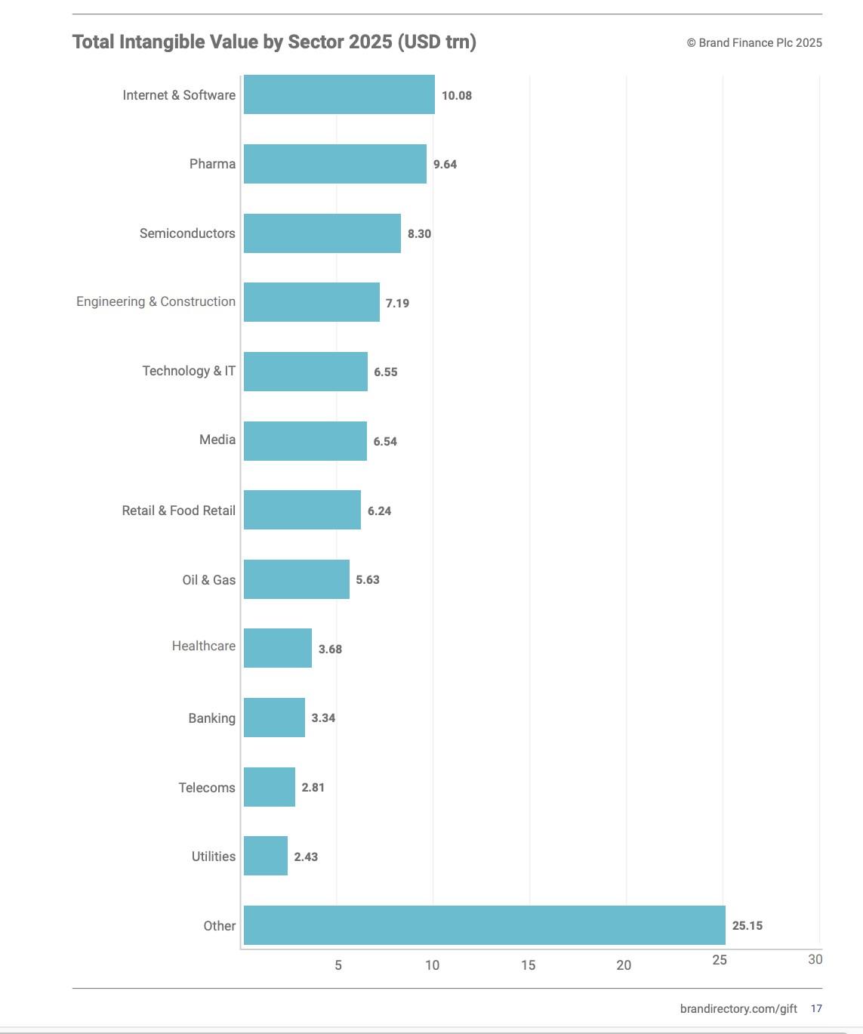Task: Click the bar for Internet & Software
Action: pos(339,94)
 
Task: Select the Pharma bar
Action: pos(334,164)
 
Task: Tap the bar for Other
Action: pos(484,925)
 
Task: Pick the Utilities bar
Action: pos(266,856)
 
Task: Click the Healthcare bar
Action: pos(277,648)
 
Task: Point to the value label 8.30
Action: pos(419,234)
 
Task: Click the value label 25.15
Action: pos(747,926)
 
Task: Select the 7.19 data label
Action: pos(397,304)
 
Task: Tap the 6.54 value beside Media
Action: pos(385,442)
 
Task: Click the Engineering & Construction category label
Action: pos(156,301)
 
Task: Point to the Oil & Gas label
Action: pos(208,580)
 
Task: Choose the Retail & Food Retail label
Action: pos(178,511)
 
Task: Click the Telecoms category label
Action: pos(207,788)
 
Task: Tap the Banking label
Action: pos(211,718)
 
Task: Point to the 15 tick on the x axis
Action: pos(528,965)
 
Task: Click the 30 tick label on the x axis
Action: pos(815,960)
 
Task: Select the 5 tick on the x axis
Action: pos(338,965)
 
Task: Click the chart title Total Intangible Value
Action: pos(274,42)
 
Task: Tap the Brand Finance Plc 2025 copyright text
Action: pos(754,43)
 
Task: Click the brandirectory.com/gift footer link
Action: pos(738,1009)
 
